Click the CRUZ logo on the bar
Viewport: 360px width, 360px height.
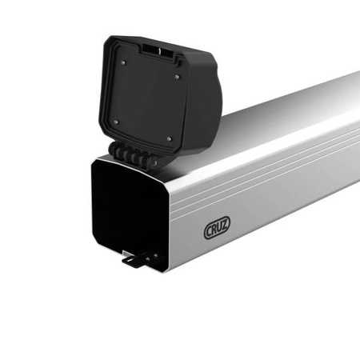pos(217,230)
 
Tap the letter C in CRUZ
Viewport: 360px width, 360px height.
pos(209,232)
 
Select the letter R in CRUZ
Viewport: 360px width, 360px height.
pos(214,231)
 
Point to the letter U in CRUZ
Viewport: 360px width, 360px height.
pos(220,230)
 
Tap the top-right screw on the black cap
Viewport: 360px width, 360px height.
pos(178,77)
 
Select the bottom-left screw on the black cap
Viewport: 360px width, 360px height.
pos(115,122)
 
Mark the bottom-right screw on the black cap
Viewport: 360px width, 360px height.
pos(169,138)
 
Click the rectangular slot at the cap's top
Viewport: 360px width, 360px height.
pos(158,50)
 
